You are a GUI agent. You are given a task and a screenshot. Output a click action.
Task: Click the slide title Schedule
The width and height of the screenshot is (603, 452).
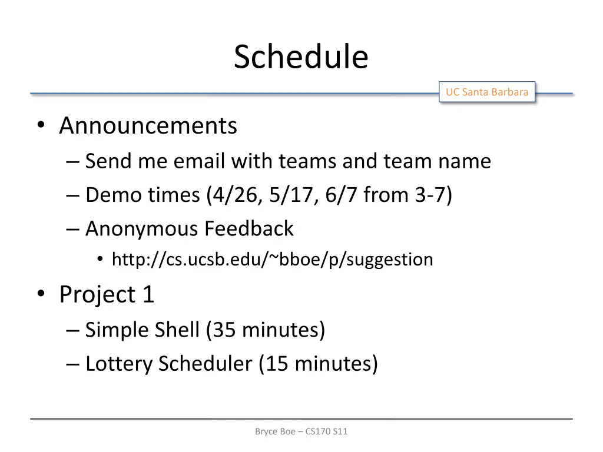(x=301, y=57)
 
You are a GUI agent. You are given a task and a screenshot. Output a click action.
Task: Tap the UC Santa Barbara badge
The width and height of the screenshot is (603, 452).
(x=486, y=92)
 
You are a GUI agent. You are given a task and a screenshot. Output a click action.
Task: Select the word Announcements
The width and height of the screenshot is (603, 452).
(x=148, y=126)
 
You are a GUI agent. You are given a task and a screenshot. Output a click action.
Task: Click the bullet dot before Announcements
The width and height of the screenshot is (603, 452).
(x=41, y=126)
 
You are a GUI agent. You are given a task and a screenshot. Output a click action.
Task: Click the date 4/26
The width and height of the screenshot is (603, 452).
(x=230, y=195)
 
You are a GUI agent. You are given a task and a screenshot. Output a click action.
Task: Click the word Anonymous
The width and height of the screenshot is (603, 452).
(x=141, y=228)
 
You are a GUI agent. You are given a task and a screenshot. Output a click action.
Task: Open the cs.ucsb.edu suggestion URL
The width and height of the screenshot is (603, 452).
(x=272, y=260)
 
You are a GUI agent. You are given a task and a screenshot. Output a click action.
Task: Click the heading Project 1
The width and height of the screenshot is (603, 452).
(x=107, y=294)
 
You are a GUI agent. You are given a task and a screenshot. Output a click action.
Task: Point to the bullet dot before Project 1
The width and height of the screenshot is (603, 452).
(x=41, y=294)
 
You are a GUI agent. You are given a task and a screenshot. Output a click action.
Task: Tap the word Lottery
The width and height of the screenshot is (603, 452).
(x=119, y=364)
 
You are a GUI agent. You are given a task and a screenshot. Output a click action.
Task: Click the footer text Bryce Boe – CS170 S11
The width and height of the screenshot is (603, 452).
(x=301, y=431)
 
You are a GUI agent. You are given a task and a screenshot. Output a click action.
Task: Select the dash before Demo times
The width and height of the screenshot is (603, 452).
(x=74, y=195)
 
